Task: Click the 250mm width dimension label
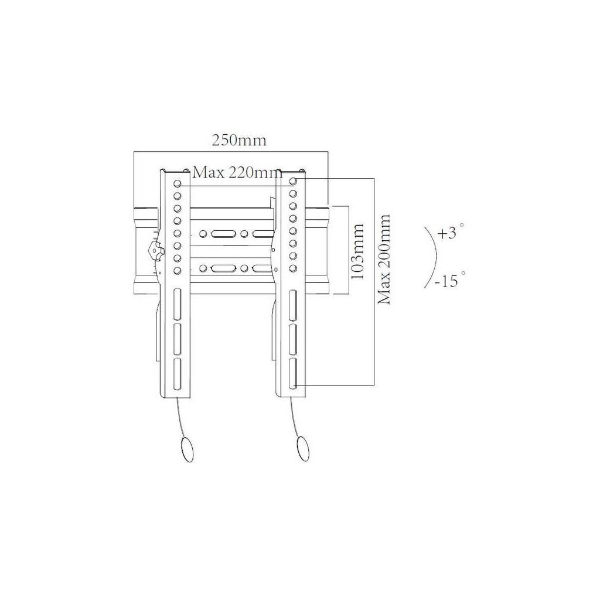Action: click(x=238, y=141)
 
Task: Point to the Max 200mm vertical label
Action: click(x=384, y=259)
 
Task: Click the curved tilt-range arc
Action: click(x=435, y=257)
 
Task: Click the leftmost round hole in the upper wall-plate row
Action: click(x=203, y=233)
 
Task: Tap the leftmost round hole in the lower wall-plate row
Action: click(x=203, y=268)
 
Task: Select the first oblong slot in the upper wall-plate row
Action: click(x=221, y=233)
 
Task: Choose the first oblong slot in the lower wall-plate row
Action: click(x=221, y=268)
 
